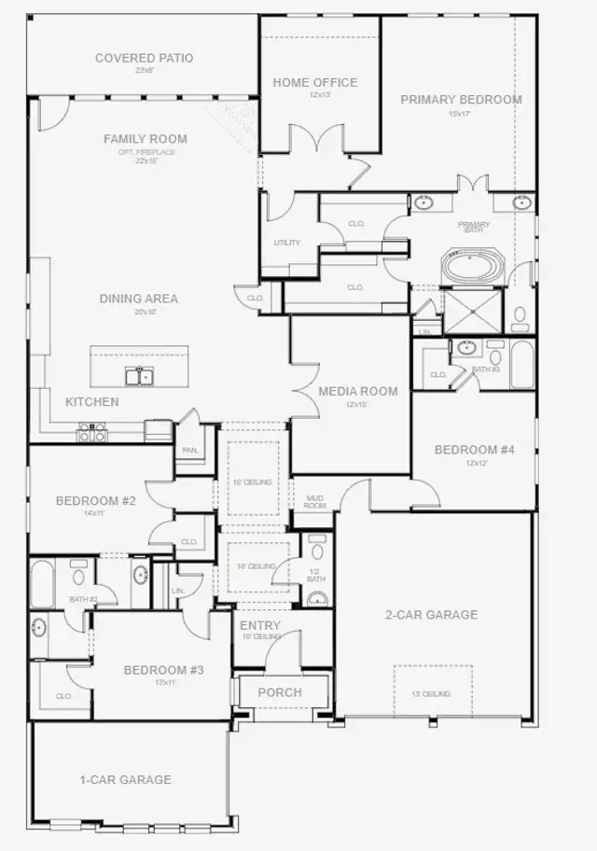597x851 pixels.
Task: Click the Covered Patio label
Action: tap(144, 58)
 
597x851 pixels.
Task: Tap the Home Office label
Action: tap(314, 82)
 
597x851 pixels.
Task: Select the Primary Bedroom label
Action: tap(461, 100)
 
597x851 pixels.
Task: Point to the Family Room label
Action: tap(145, 139)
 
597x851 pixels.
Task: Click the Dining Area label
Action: tap(139, 299)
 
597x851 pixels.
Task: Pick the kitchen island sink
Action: tap(140, 375)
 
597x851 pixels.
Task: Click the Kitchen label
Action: tap(91, 402)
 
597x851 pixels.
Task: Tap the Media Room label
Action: tap(358, 391)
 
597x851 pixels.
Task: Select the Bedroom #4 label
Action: tap(475, 450)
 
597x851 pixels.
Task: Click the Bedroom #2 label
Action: tap(96, 501)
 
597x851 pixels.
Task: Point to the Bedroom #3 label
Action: tap(164, 670)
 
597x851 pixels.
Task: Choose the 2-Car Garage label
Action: tap(432, 615)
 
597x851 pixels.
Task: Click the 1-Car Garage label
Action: tap(124, 779)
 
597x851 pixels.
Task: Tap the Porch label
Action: tap(280, 692)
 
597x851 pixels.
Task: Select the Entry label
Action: tap(260, 625)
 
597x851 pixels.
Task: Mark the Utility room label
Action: tap(287, 243)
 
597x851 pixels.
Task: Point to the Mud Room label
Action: tap(314, 501)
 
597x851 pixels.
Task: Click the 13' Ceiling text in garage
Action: tap(430, 693)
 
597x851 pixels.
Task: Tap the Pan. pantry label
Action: tap(190, 450)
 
